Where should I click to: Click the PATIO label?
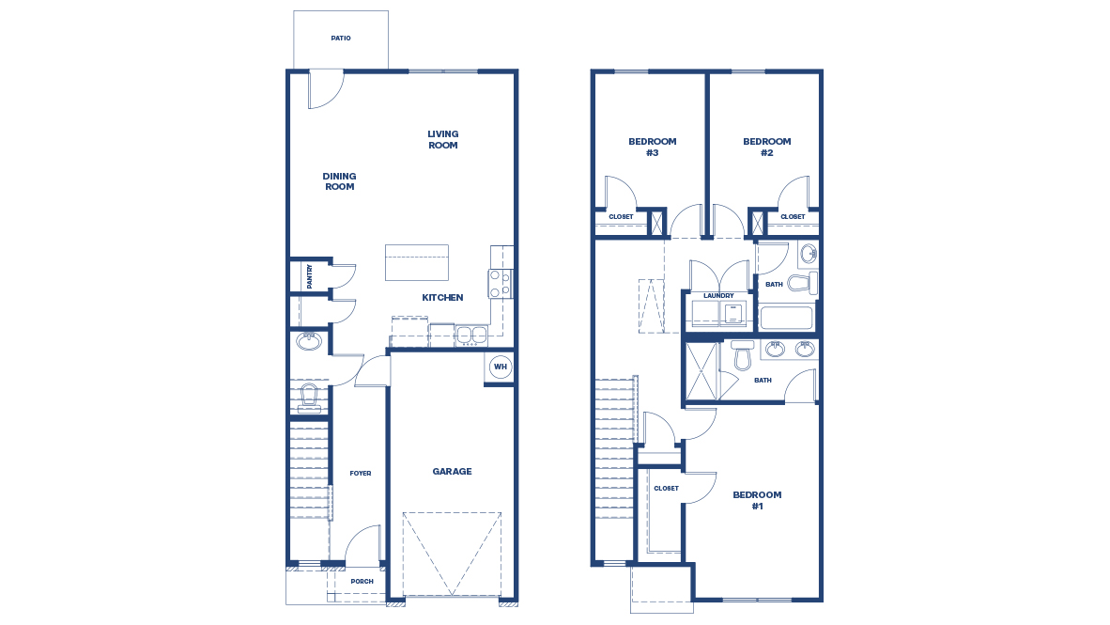(x=341, y=39)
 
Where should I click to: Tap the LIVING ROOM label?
(x=443, y=140)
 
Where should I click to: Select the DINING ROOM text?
(x=340, y=181)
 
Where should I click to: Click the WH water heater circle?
(x=501, y=367)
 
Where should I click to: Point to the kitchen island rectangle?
(x=416, y=262)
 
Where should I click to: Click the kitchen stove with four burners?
(x=500, y=284)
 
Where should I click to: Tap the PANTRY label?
(x=309, y=275)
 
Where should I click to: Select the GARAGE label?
(x=452, y=472)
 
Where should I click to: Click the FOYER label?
(x=361, y=473)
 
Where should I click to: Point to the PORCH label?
(x=362, y=582)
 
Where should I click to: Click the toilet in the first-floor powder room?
(x=309, y=397)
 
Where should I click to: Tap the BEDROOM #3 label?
(x=652, y=147)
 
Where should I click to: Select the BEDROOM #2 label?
(x=766, y=147)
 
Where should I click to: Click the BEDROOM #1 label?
(x=757, y=500)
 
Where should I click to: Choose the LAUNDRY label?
(x=718, y=296)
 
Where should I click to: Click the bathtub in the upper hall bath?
(x=786, y=318)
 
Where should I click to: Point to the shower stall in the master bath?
(x=701, y=371)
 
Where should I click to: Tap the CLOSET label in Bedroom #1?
(x=666, y=489)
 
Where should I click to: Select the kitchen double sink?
(x=471, y=335)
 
